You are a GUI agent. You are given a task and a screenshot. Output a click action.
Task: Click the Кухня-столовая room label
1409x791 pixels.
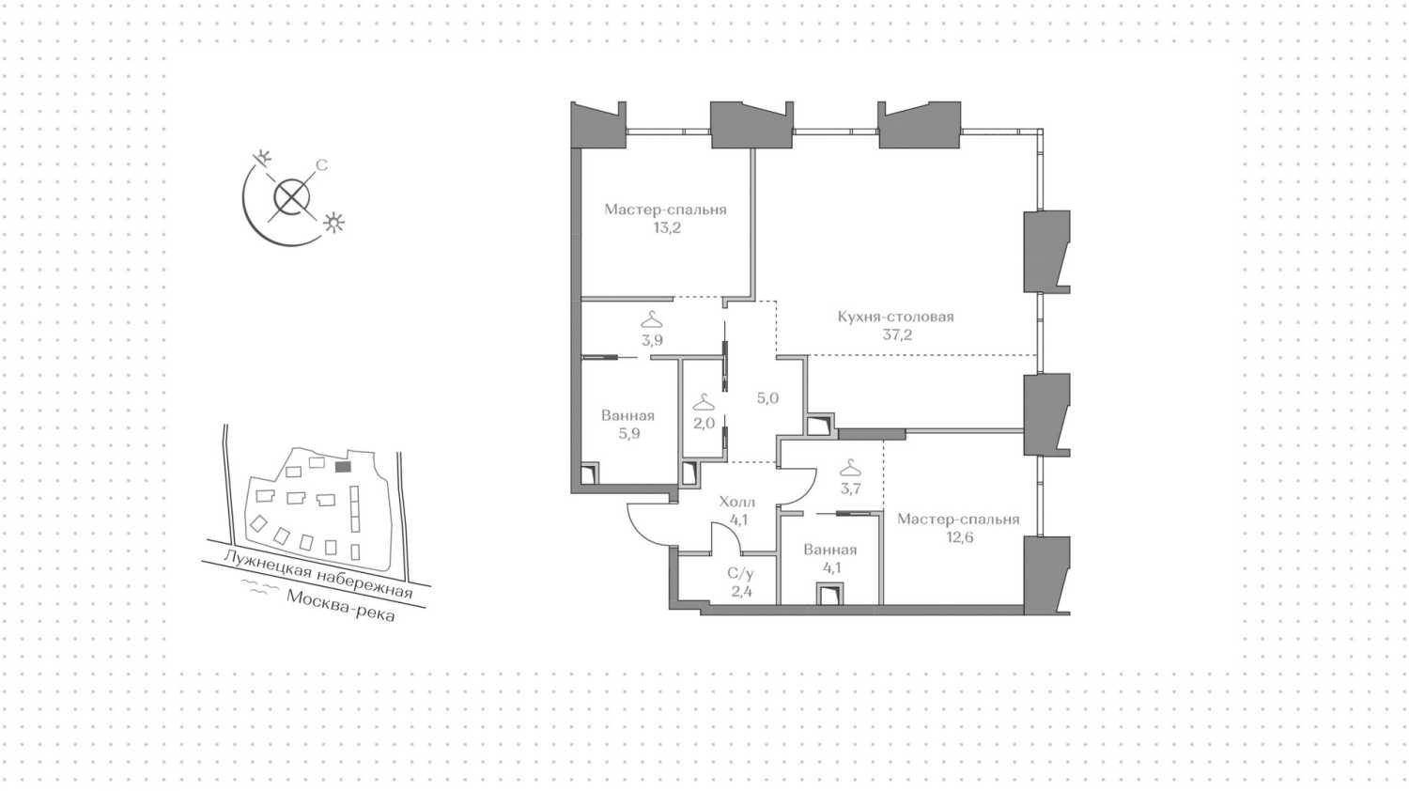(x=896, y=317)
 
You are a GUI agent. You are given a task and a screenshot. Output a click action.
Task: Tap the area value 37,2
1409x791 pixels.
(x=897, y=334)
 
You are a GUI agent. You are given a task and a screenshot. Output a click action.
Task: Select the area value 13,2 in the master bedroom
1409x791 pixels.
(x=667, y=227)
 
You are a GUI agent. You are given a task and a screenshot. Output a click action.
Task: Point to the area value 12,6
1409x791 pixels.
(x=959, y=537)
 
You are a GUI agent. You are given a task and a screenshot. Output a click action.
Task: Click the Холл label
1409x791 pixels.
(x=737, y=503)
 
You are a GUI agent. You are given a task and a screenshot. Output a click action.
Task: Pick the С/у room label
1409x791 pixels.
(x=740, y=573)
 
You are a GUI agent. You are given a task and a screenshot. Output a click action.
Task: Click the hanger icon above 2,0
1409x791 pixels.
(x=703, y=401)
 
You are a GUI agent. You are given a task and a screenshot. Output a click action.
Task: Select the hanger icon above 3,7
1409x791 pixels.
(x=850, y=468)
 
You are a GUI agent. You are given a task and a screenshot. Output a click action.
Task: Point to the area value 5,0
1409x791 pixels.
(x=767, y=397)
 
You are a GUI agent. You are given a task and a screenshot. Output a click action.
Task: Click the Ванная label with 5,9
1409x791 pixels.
(x=627, y=415)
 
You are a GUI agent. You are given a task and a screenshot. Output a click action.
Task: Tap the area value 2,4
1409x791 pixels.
(x=742, y=592)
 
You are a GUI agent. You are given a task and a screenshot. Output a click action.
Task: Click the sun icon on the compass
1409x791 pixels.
(x=333, y=223)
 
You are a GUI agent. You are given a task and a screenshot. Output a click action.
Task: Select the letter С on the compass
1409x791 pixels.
(x=321, y=165)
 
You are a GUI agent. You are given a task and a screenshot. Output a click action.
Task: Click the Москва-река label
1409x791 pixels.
(x=341, y=605)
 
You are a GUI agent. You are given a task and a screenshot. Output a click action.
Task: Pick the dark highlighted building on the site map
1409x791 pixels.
(x=343, y=467)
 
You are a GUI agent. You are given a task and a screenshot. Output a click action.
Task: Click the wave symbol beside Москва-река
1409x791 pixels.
(x=260, y=588)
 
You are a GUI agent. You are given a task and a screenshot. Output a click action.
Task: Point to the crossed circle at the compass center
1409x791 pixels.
(x=292, y=197)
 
